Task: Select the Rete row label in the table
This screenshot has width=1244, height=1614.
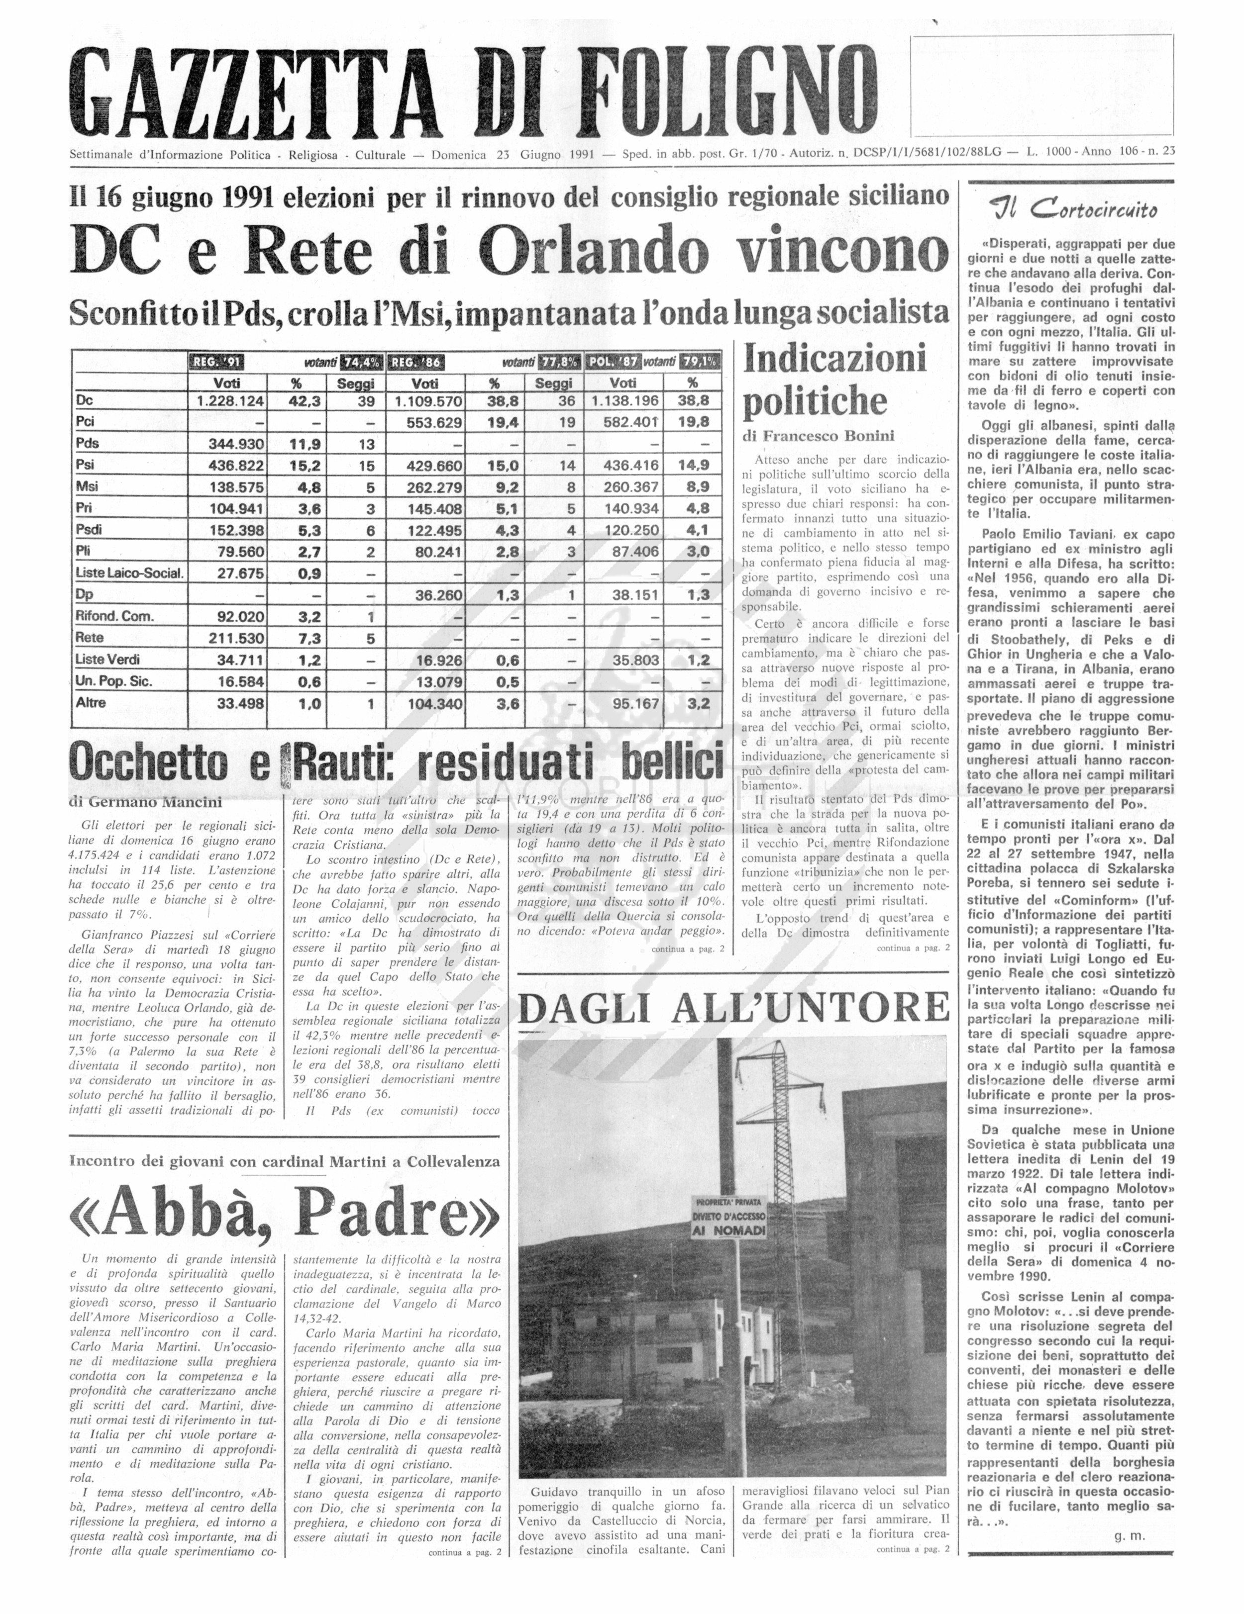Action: point(90,638)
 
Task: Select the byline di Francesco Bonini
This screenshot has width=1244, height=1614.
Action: point(818,436)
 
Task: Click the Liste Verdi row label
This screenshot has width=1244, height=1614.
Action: point(107,659)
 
